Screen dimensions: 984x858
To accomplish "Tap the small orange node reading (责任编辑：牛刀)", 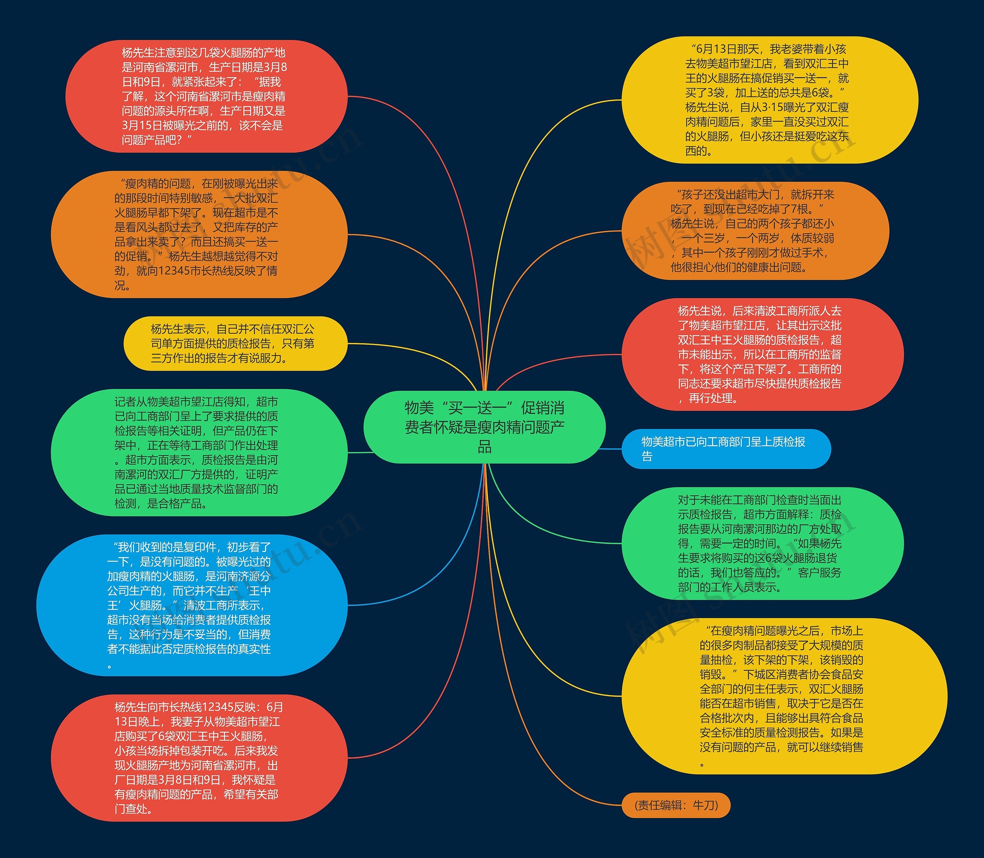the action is tap(676, 805).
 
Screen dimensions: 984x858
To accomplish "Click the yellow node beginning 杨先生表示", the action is tap(235, 343).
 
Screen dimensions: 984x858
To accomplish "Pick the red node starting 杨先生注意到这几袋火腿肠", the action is tap(206, 96).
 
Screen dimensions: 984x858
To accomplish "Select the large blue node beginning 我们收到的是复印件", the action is tap(191, 605).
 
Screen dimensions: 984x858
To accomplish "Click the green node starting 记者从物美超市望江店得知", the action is tap(199, 452).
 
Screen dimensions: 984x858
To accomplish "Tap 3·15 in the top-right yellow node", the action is tap(771, 107).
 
